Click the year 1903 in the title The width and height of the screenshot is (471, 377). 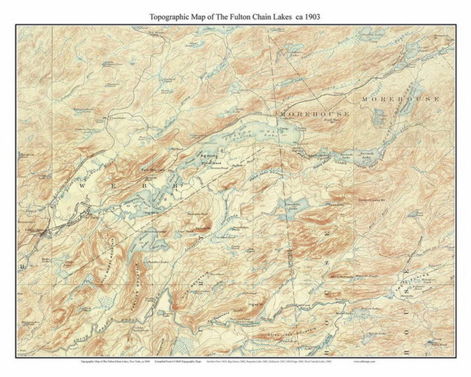312,17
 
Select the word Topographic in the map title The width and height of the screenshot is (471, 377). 170,17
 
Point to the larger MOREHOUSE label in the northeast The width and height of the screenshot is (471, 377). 400,99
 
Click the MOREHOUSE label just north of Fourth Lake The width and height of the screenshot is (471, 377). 315,114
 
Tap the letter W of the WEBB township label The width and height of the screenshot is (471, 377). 82,185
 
